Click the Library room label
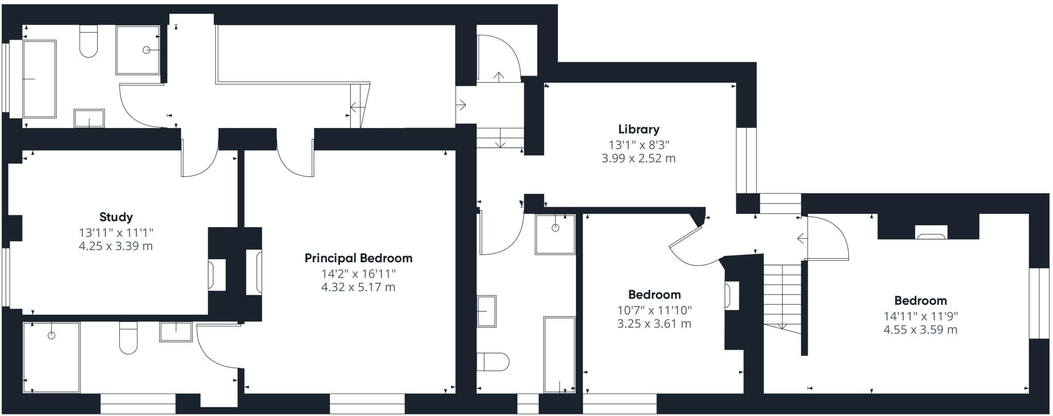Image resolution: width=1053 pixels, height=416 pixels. pos(639,130)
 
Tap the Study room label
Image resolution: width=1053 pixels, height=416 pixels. pos(116,217)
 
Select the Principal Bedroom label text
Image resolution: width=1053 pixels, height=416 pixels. pos(358,258)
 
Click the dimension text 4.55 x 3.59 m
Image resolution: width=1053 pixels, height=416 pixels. pos(920,330)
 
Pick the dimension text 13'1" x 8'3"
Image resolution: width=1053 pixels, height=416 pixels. pos(639,145)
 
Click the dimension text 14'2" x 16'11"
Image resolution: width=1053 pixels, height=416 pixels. pos(358,273)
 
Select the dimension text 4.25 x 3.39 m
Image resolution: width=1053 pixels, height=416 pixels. pos(116,246)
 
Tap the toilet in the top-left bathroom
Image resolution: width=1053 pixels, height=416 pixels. pos(88,42)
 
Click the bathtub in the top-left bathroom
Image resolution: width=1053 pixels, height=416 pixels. pos(40,79)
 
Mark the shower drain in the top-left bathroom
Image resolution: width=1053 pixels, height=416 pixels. pos(147,50)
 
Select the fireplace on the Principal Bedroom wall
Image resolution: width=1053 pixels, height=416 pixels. pos(254,273)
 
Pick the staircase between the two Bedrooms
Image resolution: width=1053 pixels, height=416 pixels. pos(782,298)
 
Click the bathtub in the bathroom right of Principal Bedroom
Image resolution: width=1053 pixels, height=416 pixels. pos(559,355)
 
